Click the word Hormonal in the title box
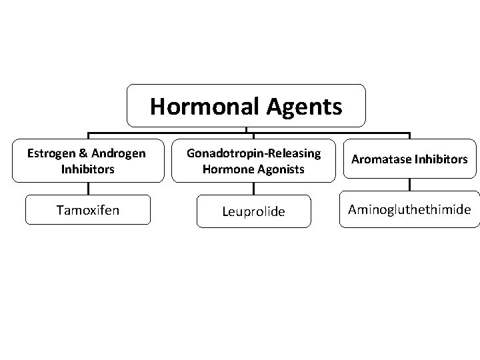(199, 105)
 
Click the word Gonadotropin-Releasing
(254, 153)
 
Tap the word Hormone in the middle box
(225, 169)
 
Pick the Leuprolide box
(253, 211)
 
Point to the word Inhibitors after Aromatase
(441, 160)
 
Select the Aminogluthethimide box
(410, 210)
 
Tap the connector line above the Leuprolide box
(253, 189)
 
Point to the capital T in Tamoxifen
(60, 210)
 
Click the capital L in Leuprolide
(225, 211)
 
